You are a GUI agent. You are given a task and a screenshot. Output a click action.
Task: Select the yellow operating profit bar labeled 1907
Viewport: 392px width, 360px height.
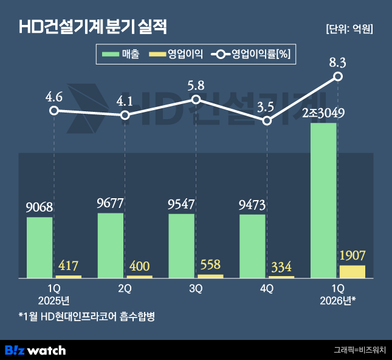click(x=352, y=272)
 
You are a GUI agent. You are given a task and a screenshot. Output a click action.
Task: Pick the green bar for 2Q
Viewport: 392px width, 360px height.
click(x=111, y=245)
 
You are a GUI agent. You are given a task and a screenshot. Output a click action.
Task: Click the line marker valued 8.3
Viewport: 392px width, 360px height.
click(x=338, y=76)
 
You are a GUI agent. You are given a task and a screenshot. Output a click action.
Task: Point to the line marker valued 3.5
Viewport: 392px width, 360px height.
click(x=267, y=121)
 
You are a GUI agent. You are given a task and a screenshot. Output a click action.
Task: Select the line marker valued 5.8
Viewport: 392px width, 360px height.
click(x=196, y=100)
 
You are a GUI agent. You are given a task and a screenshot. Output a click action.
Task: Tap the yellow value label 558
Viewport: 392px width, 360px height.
click(x=210, y=265)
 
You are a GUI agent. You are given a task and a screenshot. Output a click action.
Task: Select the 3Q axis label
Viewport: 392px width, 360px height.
click(x=196, y=289)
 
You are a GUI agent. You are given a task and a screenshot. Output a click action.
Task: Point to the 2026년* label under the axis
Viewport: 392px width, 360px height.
click(x=338, y=300)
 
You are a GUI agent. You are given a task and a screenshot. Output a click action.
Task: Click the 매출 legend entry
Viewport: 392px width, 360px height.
click(x=121, y=55)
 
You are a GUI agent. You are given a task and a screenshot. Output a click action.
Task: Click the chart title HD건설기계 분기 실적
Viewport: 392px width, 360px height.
click(x=92, y=27)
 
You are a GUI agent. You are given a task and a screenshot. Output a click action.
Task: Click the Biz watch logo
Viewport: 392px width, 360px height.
click(x=35, y=350)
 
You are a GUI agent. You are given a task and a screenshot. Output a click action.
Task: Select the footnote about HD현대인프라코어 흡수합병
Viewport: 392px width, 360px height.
click(x=86, y=317)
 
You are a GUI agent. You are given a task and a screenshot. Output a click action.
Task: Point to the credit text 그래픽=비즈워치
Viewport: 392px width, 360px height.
click(x=360, y=350)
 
